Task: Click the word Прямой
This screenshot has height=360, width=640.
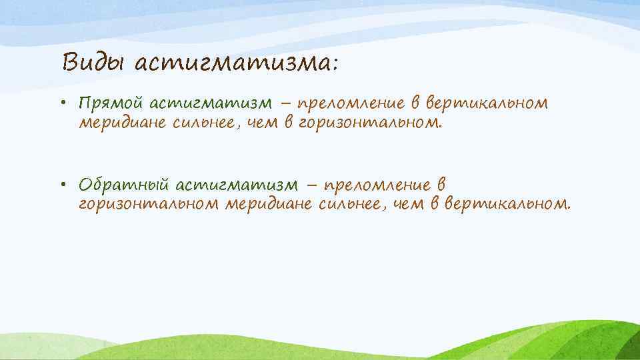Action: (x=110, y=104)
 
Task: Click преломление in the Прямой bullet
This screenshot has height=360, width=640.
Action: (x=351, y=104)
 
